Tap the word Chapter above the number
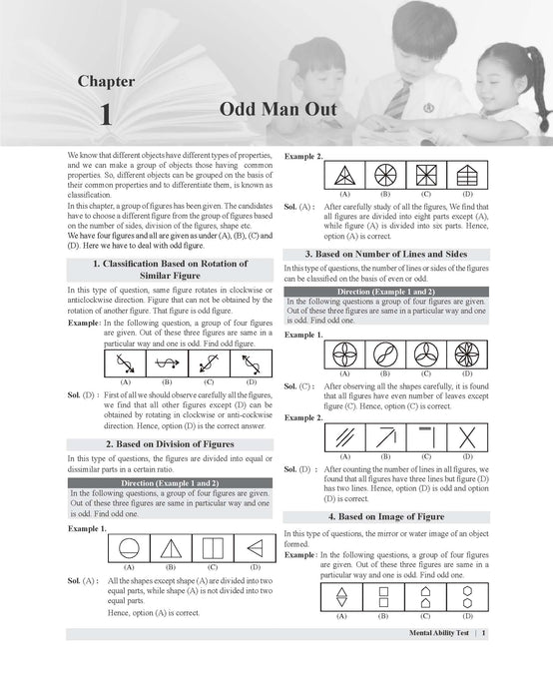106,80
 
